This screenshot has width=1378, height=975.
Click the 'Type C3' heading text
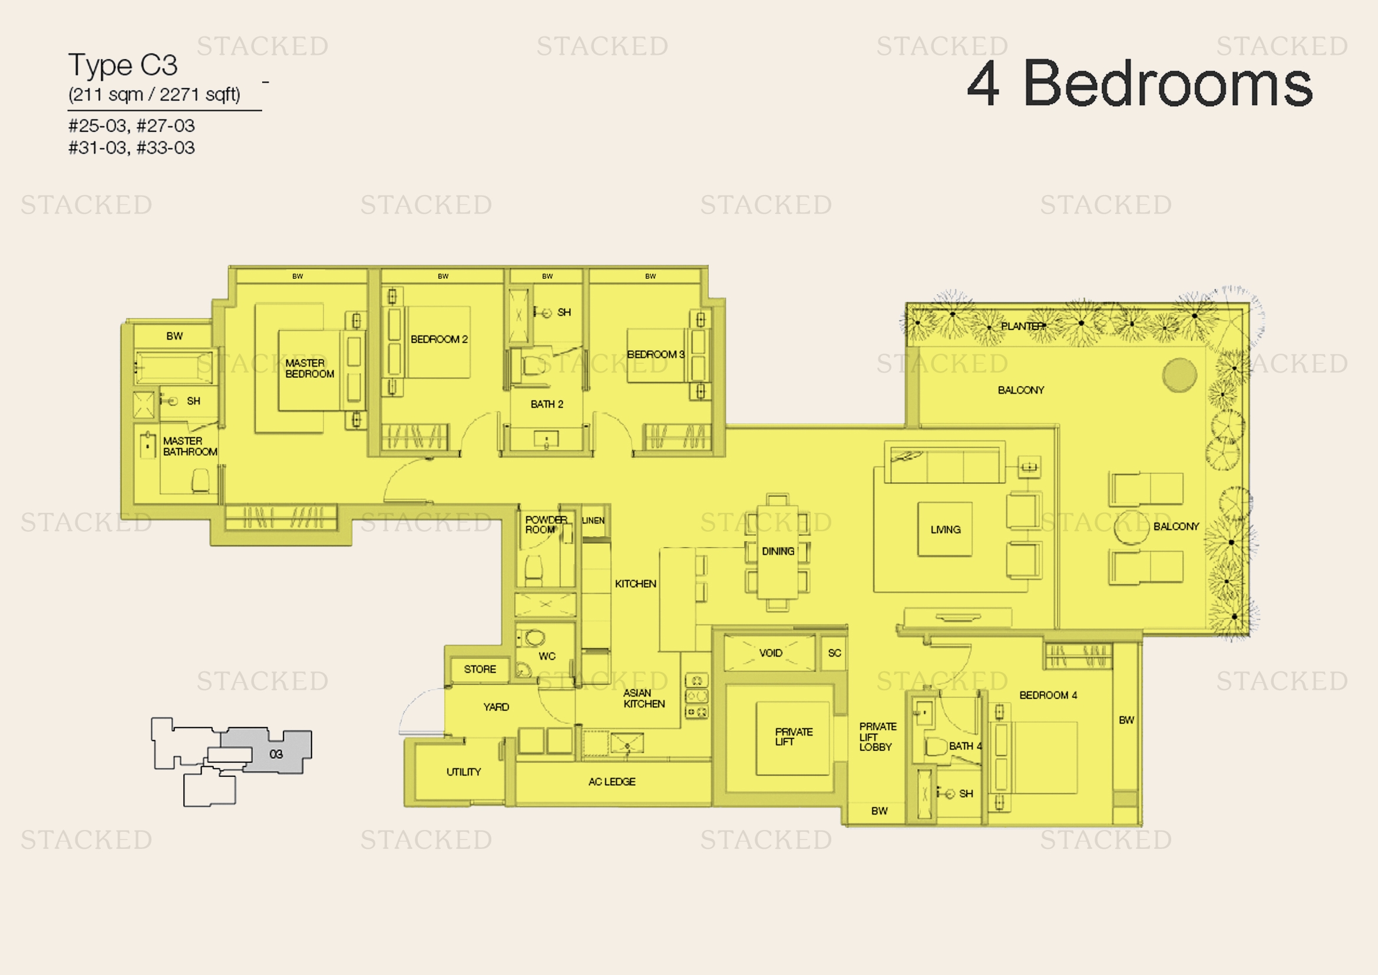(x=123, y=65)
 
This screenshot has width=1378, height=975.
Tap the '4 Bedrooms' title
(x=1140, y=84)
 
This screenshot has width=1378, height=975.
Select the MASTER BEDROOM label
(x=310, y=368)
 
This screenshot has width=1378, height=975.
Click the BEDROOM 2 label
(x=439, y=339)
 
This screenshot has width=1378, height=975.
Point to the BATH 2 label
(x=547, y=404)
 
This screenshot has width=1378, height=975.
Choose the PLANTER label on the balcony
(x=1023, y=326)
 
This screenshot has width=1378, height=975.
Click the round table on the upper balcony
(x=1179, y=375)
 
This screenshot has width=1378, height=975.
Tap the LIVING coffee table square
(x=944, y=529)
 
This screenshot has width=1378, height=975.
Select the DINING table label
(x=778, y=551)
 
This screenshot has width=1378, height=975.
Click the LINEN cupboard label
(x=593, y=521)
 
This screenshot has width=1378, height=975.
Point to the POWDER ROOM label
(x=546, y=524)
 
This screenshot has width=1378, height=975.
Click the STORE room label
(x=480, y=669)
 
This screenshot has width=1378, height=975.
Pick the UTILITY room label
(x=463, y=772)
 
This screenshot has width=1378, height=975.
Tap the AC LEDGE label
(x=612, y=781)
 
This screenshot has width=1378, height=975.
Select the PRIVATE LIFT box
(x=793, y=738)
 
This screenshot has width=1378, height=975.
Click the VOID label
(x=771, y=653)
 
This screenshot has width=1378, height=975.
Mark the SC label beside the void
(x=834, y=653)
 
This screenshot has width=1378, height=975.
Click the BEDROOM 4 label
(x=1048, y=694)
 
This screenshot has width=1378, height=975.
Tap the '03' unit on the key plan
(x=276, y=753)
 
